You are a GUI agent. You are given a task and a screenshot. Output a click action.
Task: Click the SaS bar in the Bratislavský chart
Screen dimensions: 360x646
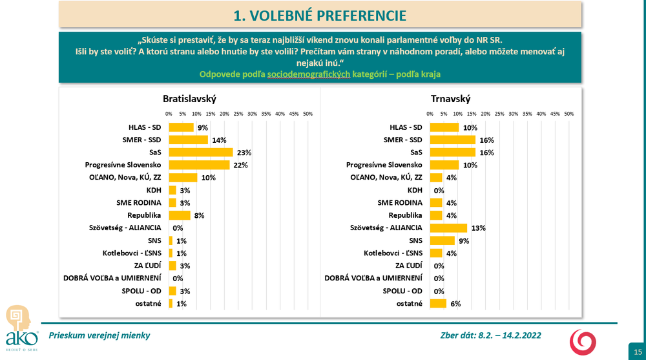(200, 153)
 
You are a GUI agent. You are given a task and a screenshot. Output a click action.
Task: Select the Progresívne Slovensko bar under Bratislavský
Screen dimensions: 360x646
(199, 165)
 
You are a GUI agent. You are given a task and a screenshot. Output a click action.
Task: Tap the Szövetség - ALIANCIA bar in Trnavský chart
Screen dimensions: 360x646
(448, 228)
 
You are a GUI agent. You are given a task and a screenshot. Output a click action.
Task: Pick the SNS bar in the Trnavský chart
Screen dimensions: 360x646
(443, 240)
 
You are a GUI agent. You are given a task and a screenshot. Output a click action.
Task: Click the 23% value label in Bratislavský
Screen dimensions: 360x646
(244, 153)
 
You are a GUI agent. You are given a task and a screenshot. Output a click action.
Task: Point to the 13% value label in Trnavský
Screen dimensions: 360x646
(479, 228)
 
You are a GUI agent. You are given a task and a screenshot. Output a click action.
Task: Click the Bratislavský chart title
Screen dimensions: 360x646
(189, 99)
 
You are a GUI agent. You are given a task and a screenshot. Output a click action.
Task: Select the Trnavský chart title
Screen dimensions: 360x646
(450, 99)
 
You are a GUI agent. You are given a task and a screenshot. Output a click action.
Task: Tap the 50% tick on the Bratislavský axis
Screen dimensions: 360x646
(308, 114)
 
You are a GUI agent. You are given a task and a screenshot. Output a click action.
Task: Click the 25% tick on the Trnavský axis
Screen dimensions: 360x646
(499, 114)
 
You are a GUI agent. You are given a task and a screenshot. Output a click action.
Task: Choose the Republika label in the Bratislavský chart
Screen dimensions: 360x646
(144, 215)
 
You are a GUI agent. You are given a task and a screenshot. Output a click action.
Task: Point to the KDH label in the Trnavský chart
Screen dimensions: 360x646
(415, 190)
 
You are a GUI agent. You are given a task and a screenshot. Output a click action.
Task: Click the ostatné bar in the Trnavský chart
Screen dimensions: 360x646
(438, 304)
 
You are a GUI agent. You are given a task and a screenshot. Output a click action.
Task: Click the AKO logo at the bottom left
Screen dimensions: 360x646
(18, 328)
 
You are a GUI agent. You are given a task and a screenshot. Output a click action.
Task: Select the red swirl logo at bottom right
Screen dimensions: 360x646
(583, 341)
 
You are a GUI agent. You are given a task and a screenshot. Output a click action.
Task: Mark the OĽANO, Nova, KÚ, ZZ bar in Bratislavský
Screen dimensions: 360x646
(183, 178)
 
